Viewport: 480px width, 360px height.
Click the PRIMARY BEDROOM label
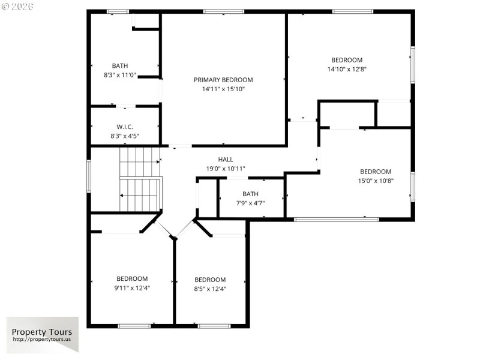pos(223,80)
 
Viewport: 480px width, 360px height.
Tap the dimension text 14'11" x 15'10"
pos(223,89)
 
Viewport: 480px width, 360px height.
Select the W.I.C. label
pos(124,127)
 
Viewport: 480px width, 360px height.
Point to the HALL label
pos(226,160)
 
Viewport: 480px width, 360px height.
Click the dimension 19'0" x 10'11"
pos(226,169)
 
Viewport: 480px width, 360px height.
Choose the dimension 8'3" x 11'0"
pos(120,75)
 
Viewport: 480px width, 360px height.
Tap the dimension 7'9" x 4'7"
pos(250,203)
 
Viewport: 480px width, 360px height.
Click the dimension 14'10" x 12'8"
pos(347,69)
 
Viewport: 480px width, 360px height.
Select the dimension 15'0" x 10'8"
pos(376,181)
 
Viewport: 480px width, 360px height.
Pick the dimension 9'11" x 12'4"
pos(132,287)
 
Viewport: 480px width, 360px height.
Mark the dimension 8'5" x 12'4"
pos(210,289)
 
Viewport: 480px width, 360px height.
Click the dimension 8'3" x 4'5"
pos(124,136)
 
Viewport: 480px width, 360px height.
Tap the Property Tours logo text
pos(42,332)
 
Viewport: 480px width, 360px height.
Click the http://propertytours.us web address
pos(42,340)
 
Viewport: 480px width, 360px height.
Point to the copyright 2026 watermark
pos(18,7)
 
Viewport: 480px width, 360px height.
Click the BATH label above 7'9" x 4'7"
pos(250,194)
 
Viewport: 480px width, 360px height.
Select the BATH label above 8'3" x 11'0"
pos(120,66)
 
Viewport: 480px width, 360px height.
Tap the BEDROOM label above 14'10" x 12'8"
pos(347,60)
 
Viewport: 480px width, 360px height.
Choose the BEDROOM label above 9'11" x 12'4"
pos(132,278)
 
